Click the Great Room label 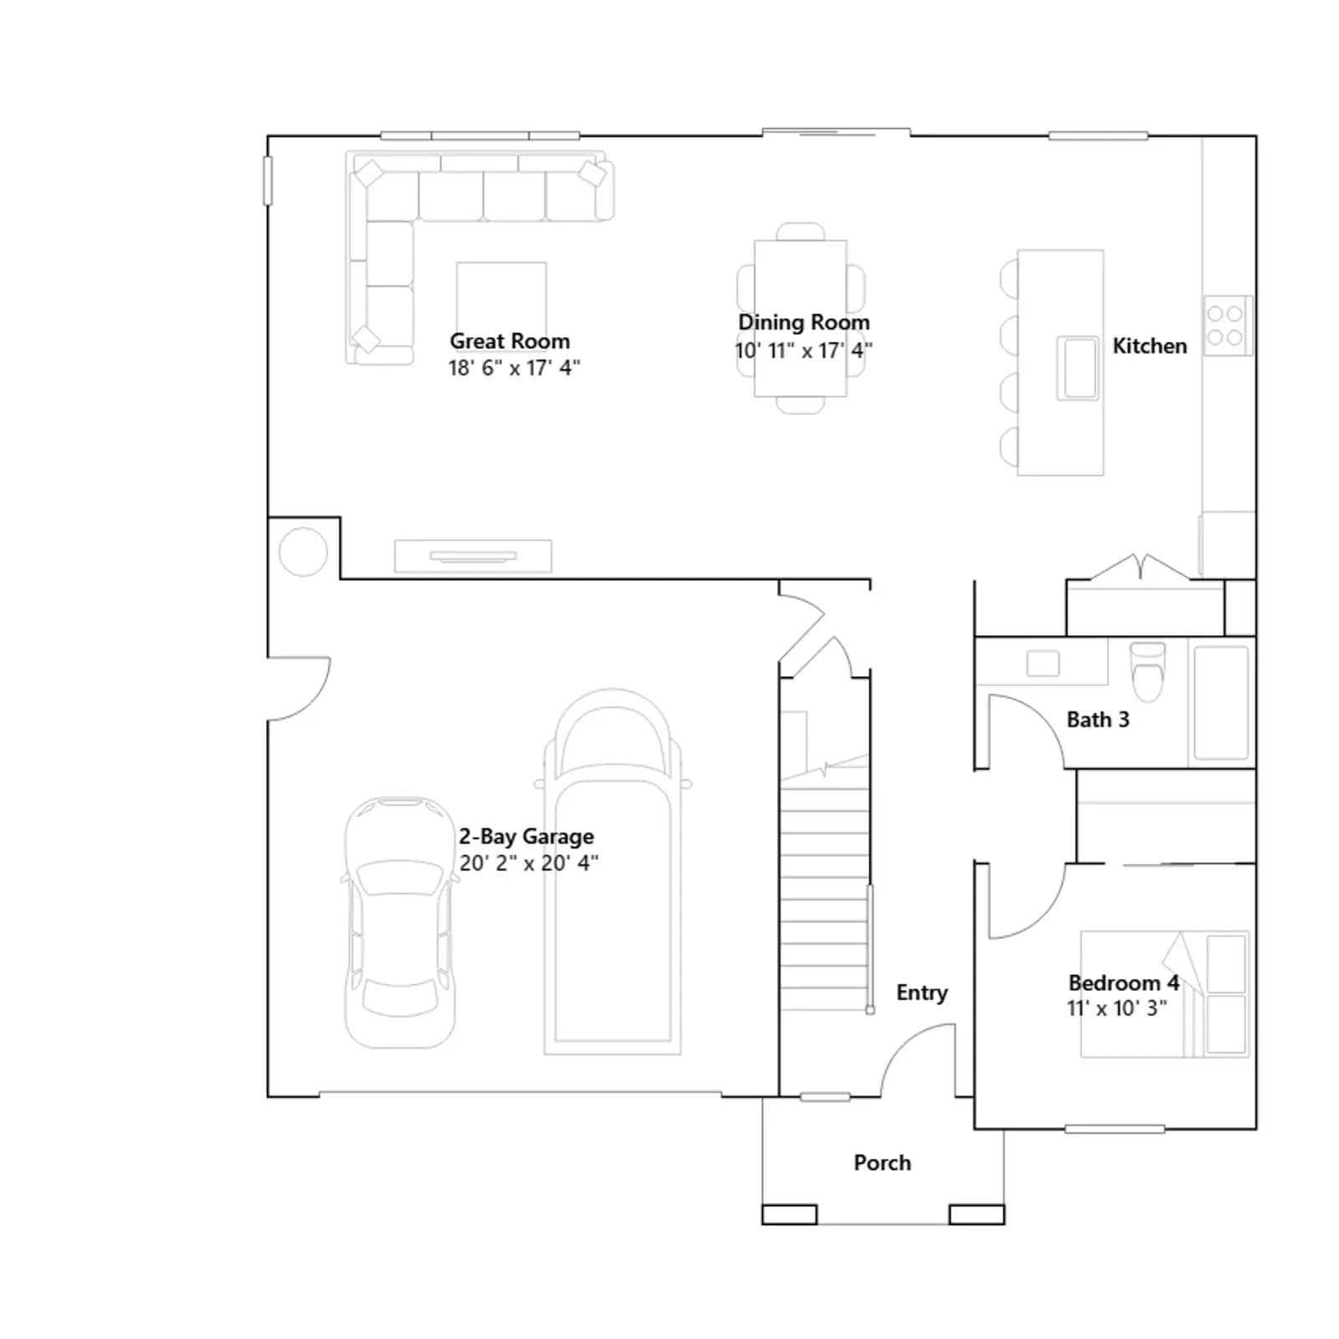click(510, 341)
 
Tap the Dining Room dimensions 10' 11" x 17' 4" click(803, 351)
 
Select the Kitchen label click(1149, 346)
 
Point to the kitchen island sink click(1078, 368)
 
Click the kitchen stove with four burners click(1228, 326)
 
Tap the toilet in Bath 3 click(1147, 671)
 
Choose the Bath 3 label click(1098, 720)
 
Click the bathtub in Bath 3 click(1221, 702)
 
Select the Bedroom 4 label click(1124, 982)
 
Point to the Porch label click(882, 1162)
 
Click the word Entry click(922, 993)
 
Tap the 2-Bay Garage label click(526, 836)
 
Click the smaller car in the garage click(400, 922)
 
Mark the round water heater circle click(303, 552)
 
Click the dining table click(801, 318)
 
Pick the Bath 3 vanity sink click(1043, 664)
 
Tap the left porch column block click(789, 1214)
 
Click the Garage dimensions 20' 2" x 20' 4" click(529, 863)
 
